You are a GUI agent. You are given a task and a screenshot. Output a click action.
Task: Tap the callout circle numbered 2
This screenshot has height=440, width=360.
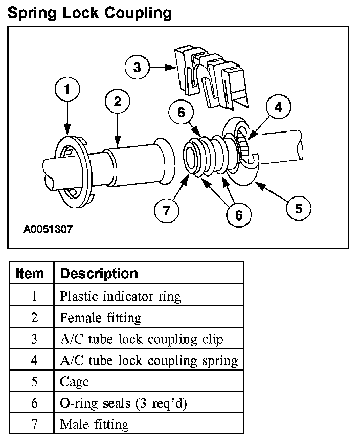click(x=118, y=102)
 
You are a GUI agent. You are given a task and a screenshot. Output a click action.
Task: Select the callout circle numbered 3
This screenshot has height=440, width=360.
click(x=137, y=67)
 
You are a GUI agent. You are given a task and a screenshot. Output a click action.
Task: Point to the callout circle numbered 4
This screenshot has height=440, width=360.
click(x=278, y=107)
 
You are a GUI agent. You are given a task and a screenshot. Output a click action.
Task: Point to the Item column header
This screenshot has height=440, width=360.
click(x=30, y=273)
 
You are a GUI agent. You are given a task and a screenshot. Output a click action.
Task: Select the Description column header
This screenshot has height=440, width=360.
click(x=99, y=273)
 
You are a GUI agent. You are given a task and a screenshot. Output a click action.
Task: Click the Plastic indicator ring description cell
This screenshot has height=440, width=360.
click(x=121, y=296)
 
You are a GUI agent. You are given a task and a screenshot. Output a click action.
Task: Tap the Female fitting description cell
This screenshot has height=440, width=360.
click(x=101, y=317)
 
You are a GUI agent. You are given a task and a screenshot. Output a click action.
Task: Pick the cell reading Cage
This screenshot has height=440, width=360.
click(x=75, y=381)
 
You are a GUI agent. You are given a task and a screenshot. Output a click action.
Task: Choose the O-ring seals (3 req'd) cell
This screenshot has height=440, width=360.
click(x=124, y=403)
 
